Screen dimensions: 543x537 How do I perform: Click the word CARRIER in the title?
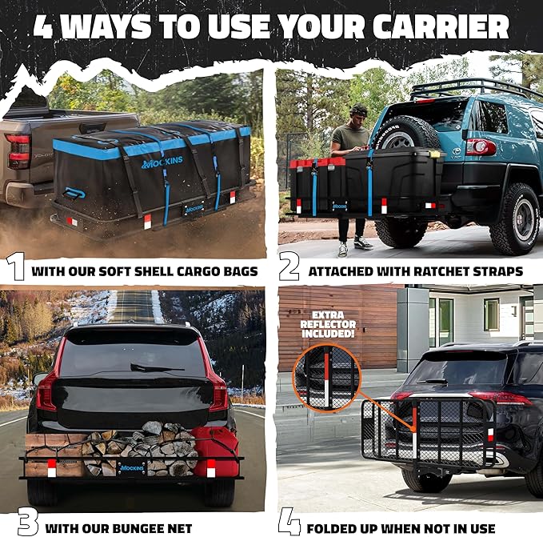pos(441,26)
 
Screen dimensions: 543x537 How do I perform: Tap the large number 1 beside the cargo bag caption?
pos(15,266)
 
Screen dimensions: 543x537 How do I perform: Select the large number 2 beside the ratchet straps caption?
pos(289,266)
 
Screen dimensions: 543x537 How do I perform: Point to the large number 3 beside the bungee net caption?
pos(28,523)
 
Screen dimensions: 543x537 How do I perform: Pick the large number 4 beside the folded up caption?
pos(289,522)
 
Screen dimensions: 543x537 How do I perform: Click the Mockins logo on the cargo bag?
pos(162,162)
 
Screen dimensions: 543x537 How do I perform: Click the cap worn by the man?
pos(359,110)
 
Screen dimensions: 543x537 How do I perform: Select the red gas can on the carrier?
pos(214,451)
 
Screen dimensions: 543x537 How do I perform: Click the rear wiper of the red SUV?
pos(157,367)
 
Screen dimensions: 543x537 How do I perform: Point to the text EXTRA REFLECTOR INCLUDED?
pos(328,325)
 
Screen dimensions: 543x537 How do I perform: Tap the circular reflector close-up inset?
pos(327,378)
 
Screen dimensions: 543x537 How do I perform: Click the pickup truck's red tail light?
pos(18,151)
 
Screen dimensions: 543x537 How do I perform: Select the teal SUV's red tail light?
pos(481,146)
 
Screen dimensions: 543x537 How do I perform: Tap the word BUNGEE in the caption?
pos(138,529)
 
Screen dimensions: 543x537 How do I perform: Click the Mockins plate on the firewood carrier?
pos(132,467)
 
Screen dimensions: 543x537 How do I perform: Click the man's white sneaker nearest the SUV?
pos(363,242)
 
